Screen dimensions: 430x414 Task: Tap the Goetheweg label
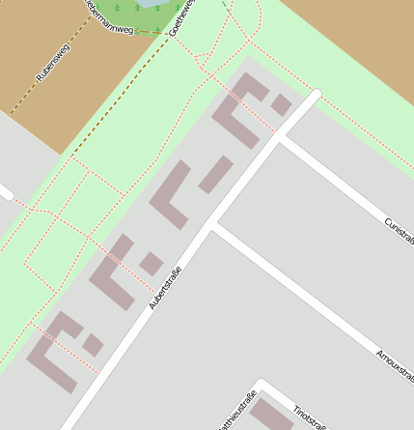pyautogui.click(x=180, y=18)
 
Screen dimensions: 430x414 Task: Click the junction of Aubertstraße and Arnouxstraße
pyautogui.click(x=213, y=228)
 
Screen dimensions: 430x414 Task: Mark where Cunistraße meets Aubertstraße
pyautogui.click(x=281, y=138)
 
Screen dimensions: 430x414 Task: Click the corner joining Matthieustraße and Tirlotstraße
pyautogui.click(x=260, y=383)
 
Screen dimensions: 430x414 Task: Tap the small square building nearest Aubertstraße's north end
pyautogui.click(x=281, y=104)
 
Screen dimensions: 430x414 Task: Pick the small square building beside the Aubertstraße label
pyautogui.click(x=151, y=263)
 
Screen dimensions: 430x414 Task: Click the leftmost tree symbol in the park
pyautogui.click(x=118, y=8)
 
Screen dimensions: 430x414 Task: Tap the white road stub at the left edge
pyautogui.click(x=5, y=193)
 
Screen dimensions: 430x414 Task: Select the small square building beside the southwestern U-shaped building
pyautogui.click(x=93, y=344)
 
